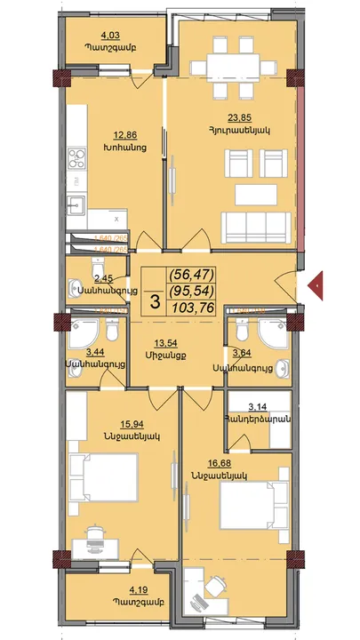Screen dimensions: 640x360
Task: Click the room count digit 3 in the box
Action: (156, 301)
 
